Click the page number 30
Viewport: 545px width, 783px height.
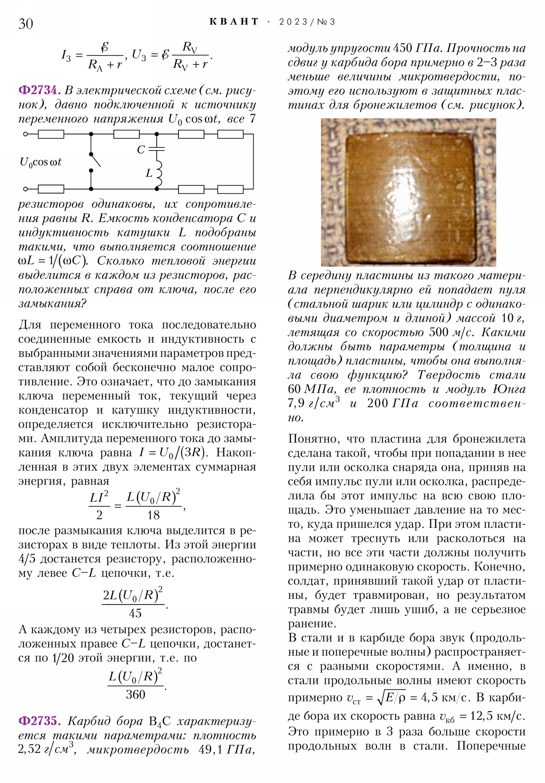(26, 24)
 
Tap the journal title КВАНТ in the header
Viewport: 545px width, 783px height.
(234, 22)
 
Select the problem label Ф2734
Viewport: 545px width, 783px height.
(39, 90)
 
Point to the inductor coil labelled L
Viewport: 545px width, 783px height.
(158, 173)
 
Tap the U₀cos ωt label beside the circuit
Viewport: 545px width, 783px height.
(40, 162)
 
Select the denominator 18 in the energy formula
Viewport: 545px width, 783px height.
(153, 515)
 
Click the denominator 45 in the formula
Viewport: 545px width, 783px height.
(135, 613)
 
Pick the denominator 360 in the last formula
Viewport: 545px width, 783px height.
(136, 695)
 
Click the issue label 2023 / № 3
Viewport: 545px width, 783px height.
(307, 22)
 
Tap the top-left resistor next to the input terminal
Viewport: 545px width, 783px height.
(51, 134)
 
